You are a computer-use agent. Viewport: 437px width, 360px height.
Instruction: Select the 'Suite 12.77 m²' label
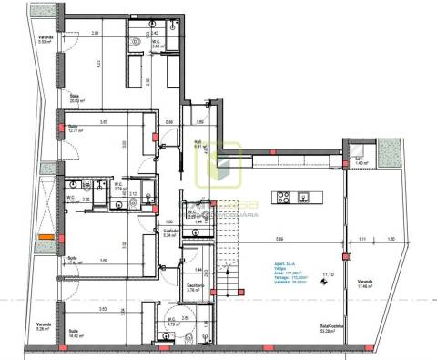(74, 129)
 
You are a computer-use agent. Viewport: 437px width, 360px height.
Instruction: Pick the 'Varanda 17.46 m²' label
(367, 283)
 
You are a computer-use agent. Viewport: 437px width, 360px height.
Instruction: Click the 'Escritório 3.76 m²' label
(195, 290)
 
